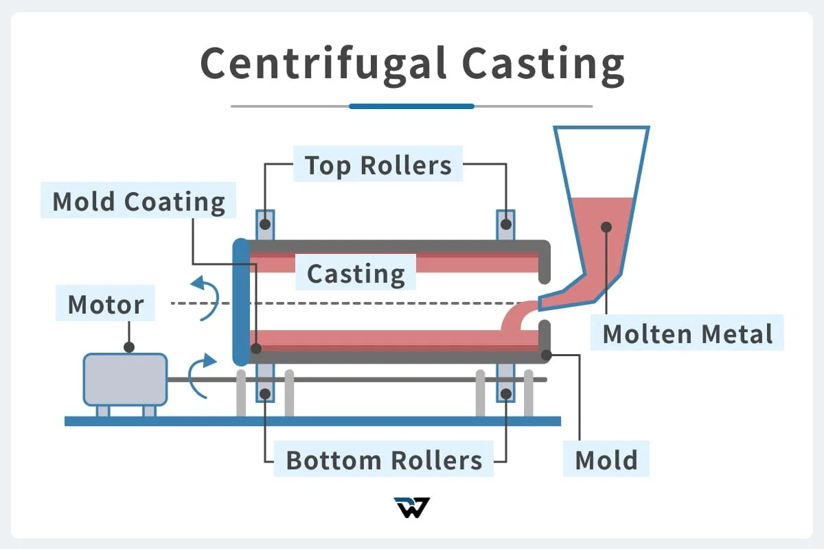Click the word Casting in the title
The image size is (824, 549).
[542, 63]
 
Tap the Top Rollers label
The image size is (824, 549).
[378, 165]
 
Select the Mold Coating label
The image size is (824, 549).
[139, 201]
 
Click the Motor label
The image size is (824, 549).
[106, 304]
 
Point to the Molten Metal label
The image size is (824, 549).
[687, 334]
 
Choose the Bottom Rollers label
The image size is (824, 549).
[384, 460]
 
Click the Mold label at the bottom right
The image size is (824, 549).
[606, 460]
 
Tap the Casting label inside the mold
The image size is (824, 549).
[356, 273]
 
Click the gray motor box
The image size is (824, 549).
[125, 379]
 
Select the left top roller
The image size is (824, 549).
[265, 224]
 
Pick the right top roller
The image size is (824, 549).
[506, 224]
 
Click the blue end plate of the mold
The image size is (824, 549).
[240, 302]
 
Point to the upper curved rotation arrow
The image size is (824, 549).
[206, 295]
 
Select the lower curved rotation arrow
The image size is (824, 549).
[201, 376]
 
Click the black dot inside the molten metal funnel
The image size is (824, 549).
[606, 226]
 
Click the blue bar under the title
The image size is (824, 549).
[411, 106]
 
